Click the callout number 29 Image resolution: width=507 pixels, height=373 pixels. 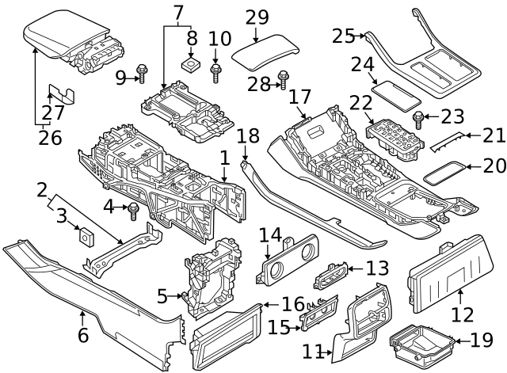click(x=257, y=17)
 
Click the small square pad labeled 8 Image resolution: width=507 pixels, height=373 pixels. click(x=191, y=62)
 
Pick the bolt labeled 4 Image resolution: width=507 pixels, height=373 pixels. click(x=134, y=210)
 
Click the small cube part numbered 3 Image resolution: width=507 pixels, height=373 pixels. click(x=83, y=234)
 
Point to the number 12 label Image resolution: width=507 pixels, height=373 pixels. click(x=463, y=315)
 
